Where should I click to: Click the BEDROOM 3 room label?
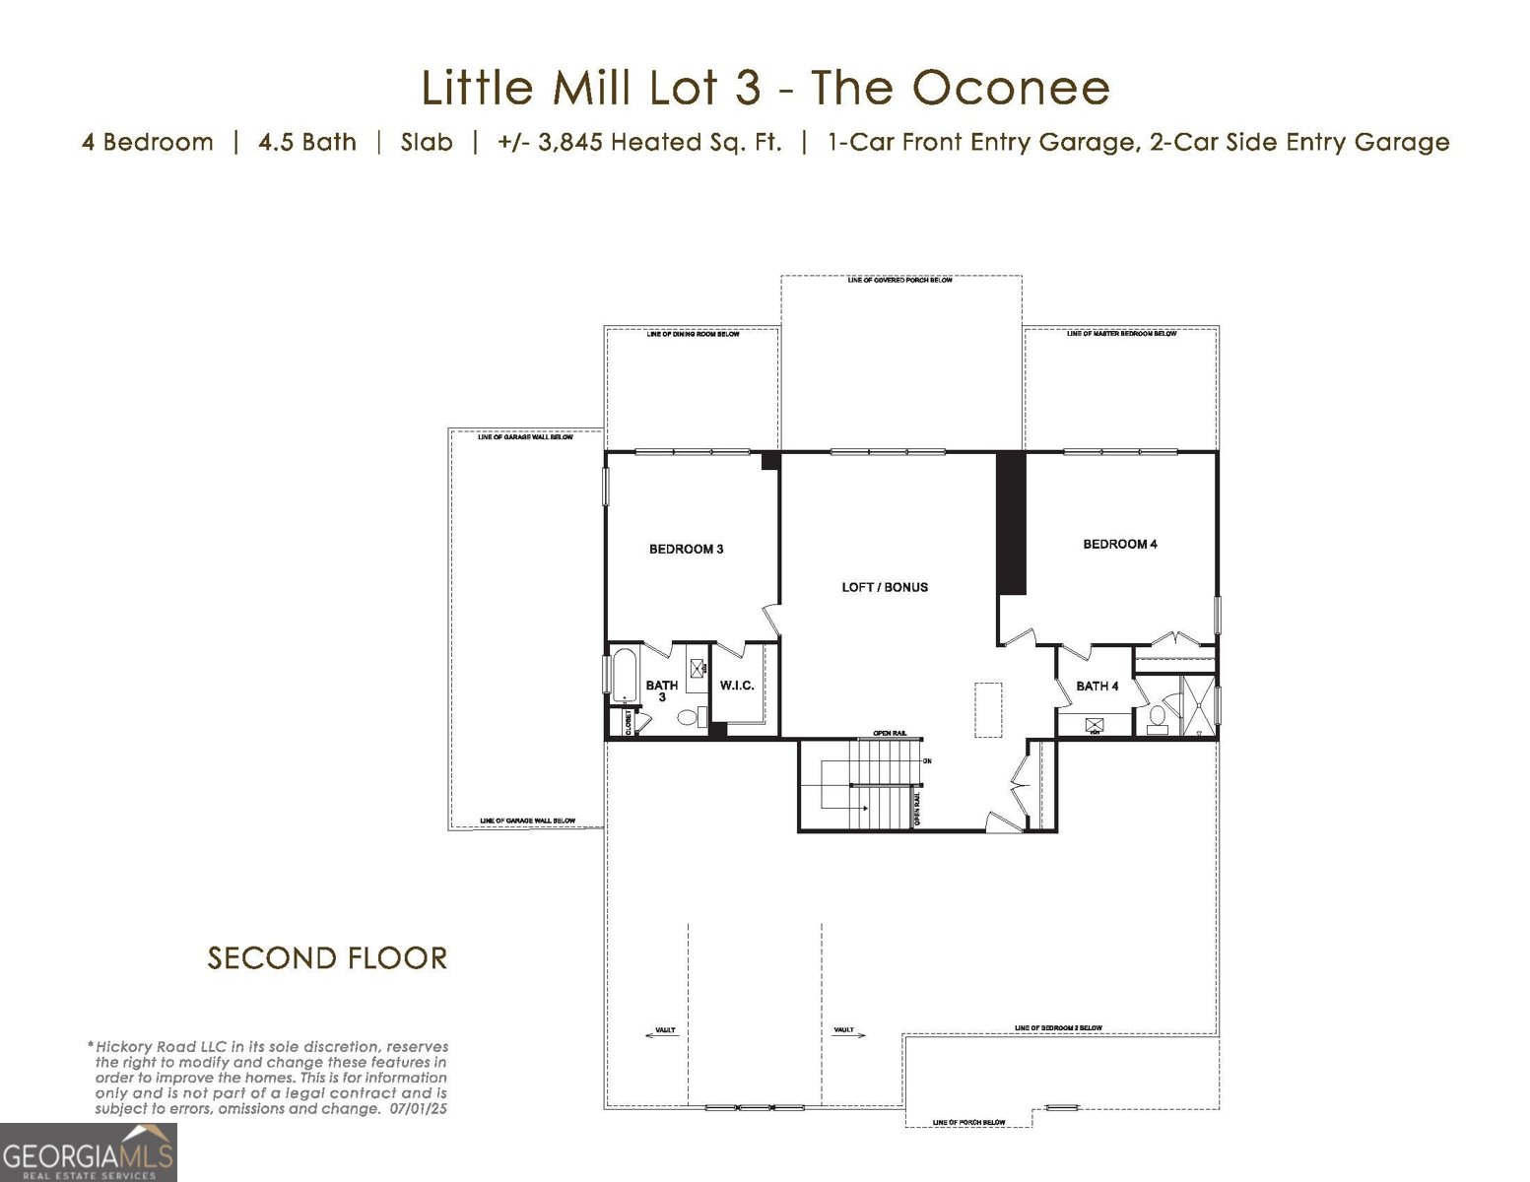click(x=686, y=549)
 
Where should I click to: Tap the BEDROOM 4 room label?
click(x=1119, y=544)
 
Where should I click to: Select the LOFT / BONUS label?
click(x=884, y=587)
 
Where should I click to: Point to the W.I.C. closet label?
click(x=737, y=686)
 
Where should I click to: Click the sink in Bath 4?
click(x=1094, y=726)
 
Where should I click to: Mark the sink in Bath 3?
click(x=697, y=668)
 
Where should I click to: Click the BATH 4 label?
click(x=1097, y=686)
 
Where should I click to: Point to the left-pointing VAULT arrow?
click(x=664, y=1031)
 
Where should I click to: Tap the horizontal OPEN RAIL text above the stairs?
click(x=890, y=734)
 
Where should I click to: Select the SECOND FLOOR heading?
click(x=327, y=957)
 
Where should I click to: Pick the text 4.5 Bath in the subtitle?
click(x=306, y=142)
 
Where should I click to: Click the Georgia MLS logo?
click(x=88, y=1151)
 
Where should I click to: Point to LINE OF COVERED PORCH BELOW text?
click(x=899, y=281)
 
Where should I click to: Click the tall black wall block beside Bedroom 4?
click(x=1012, y=522)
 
